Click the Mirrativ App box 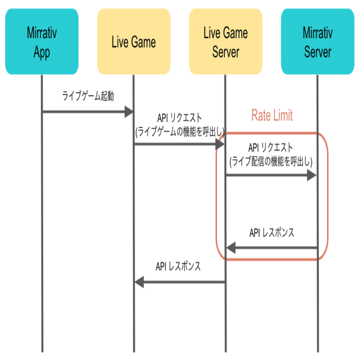[x=42, y=42]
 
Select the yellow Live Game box [x=134, y=42]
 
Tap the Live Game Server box [x=225, y=42]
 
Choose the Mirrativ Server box [x=317, y=42]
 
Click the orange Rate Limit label [x=272, y=115]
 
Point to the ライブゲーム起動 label [x=88, y=96]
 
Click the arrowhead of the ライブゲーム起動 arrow [x=128, y=111]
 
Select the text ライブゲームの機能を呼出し [x=179, y=131]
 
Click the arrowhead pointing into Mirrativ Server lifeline [x=312, y=175]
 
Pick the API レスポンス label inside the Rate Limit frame [x=272, y=233]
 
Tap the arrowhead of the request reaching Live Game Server [x=220, y=144]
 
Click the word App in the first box [x=42, y=52]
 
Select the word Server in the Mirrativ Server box [x=317, y=52]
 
